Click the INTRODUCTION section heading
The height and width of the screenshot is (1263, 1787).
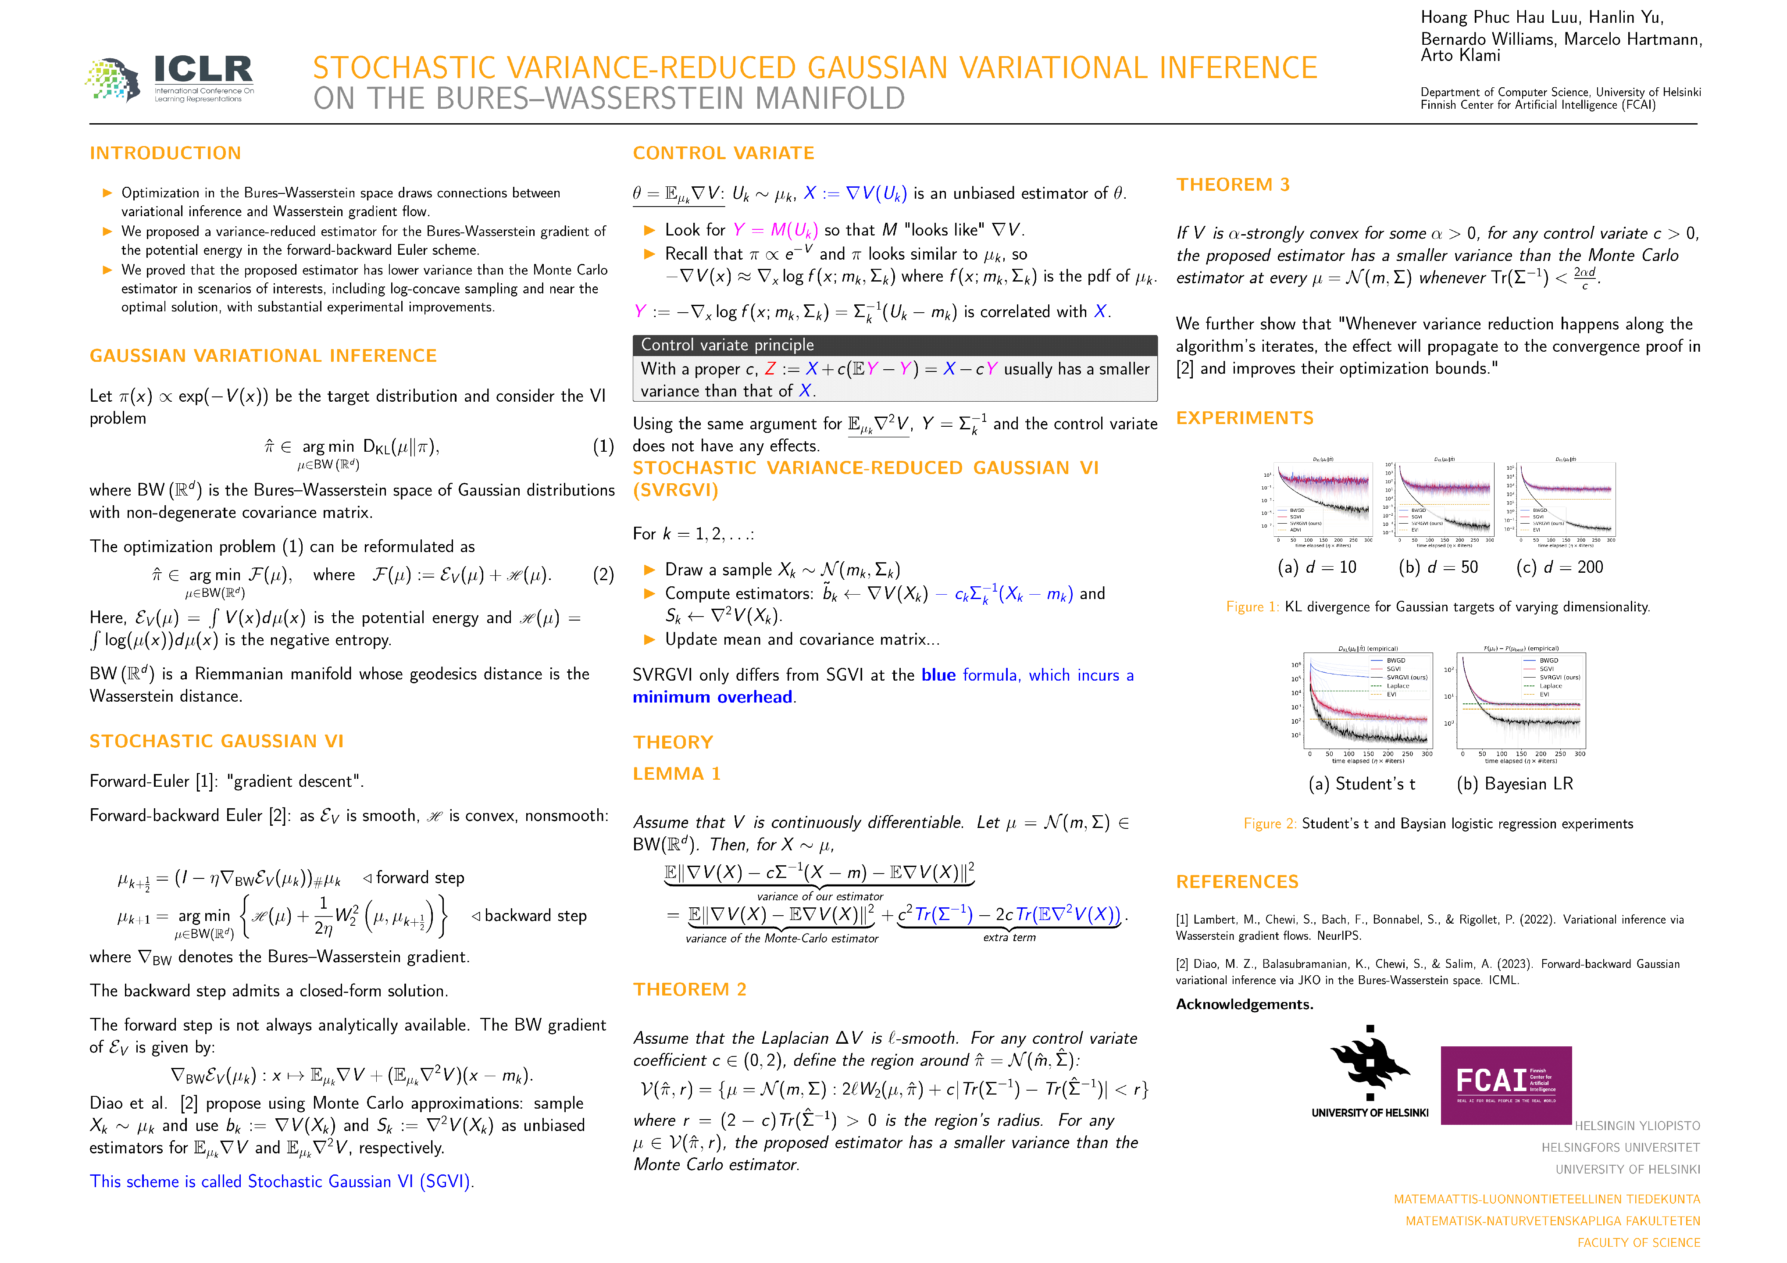[x=165, y=153]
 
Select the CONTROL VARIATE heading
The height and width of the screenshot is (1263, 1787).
[x=723, y=153]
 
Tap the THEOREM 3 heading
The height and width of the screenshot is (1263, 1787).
[x=1233, y=185]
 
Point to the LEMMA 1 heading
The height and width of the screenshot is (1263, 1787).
[x=676, y=774]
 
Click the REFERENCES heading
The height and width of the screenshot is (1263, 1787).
[x=1237, y=881]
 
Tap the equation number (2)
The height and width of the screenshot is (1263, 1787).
[x=603, y=574]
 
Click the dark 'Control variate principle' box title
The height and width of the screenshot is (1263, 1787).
[x=727, y=345]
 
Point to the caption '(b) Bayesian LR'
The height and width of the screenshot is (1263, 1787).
[x=1515, y=784]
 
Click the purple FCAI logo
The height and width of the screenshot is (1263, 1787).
[x=1505, y=1085]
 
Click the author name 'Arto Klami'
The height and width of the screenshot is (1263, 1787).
[x=1460, y=55]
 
